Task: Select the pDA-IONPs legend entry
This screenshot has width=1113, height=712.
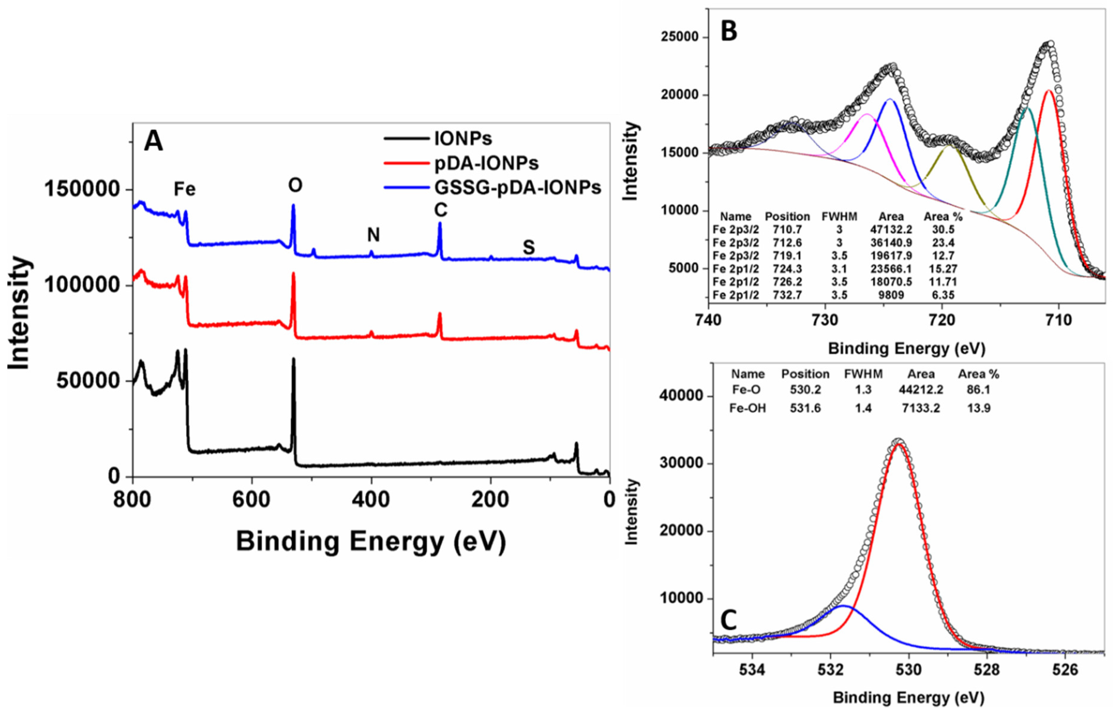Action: click(486, 163)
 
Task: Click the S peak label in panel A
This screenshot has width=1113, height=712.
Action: click(528, 248)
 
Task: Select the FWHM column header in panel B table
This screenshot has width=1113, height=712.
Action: click(839, 216)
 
